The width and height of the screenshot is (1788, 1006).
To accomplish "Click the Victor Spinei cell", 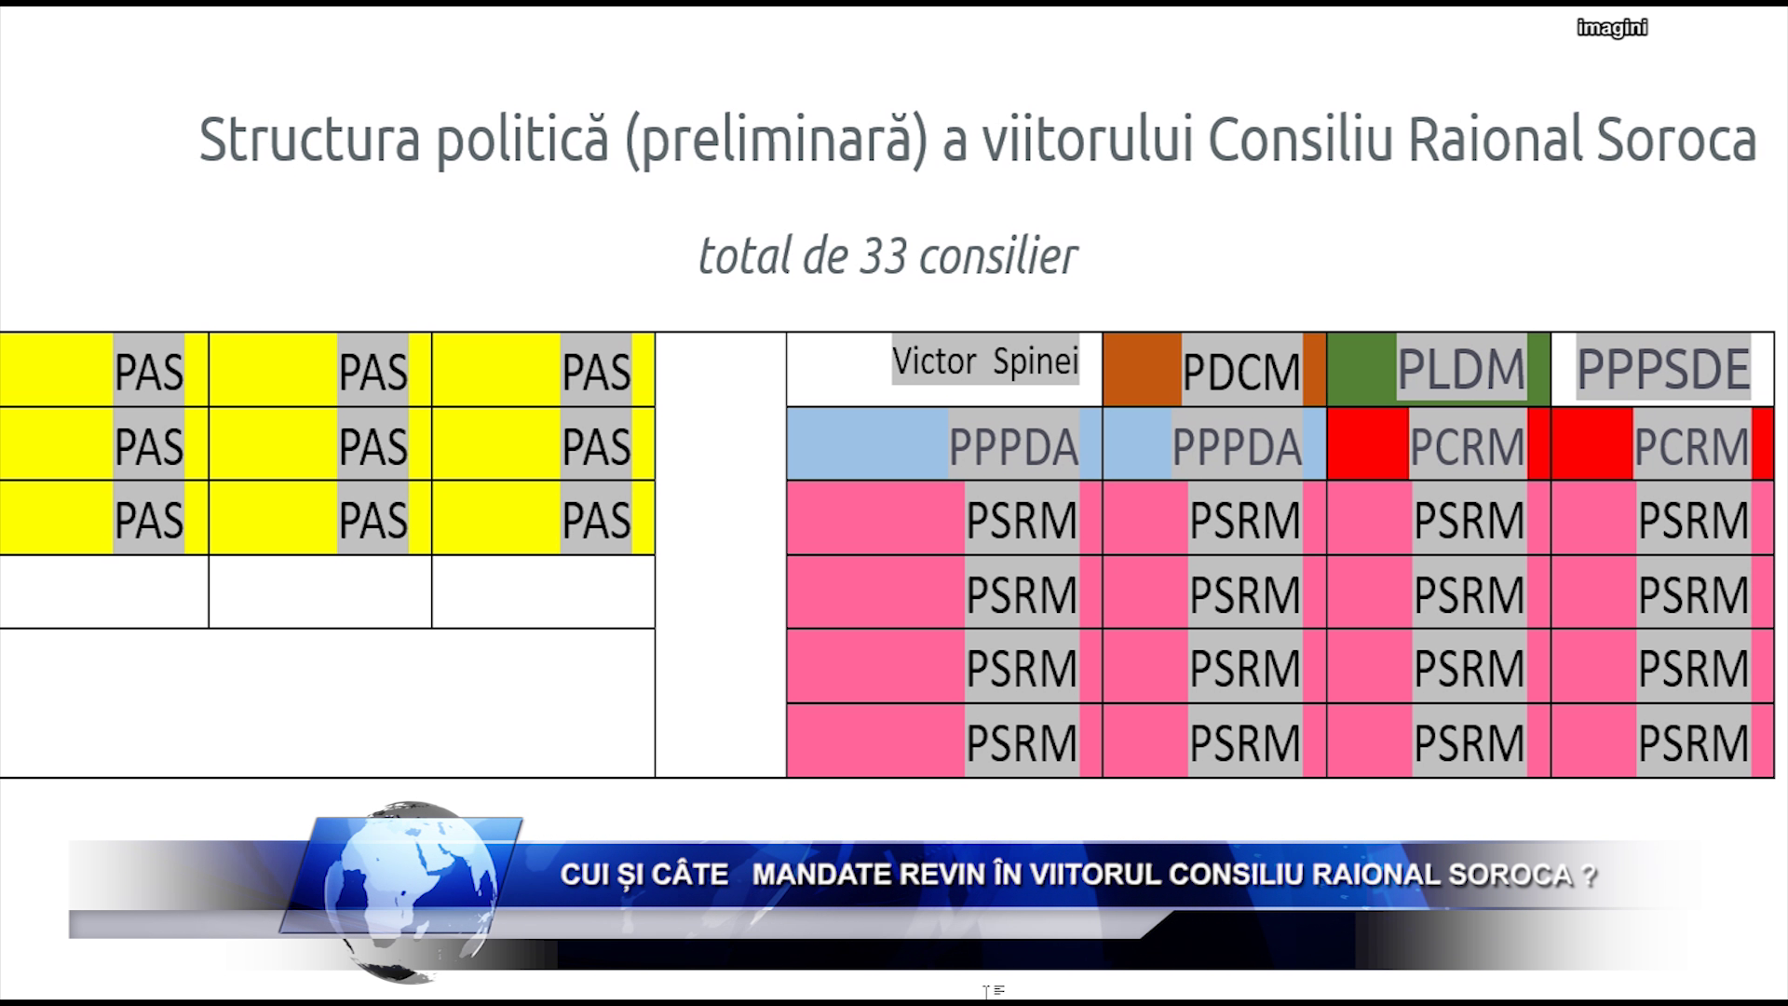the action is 944,369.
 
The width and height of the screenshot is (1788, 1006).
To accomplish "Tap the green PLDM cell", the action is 1439,369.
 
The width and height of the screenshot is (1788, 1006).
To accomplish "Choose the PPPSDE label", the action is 1663,370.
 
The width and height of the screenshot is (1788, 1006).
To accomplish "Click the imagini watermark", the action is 1612,28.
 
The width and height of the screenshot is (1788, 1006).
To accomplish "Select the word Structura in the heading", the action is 309,140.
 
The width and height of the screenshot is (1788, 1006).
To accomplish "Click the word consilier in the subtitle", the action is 998,256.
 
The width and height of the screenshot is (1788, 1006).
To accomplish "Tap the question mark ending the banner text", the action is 1589,876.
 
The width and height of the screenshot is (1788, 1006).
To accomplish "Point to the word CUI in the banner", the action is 583,875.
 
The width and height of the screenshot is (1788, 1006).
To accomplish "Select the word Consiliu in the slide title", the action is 1301,141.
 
